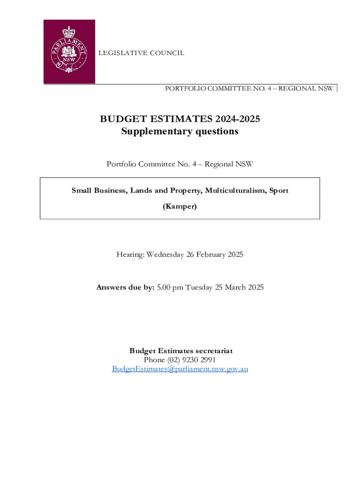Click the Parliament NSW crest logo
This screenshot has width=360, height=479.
(69, 51)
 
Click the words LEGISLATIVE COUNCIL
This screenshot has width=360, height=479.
(141, 53)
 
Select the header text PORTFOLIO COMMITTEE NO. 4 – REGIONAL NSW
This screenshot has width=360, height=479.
(249, 88)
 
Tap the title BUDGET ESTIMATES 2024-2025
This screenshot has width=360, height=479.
(180, 119)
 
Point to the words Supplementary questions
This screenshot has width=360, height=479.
(180, 131)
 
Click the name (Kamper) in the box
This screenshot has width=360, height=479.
(180, 206)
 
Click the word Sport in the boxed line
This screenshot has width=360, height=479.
(278, 190)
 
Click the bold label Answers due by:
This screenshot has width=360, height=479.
(125, 287)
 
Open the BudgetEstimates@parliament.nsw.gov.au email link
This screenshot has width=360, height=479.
(180, 369)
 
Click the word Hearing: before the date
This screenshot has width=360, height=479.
(130, 254)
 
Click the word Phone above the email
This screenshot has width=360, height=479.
(154, 360)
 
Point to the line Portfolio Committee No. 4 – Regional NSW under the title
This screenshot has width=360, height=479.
(180, 164)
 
